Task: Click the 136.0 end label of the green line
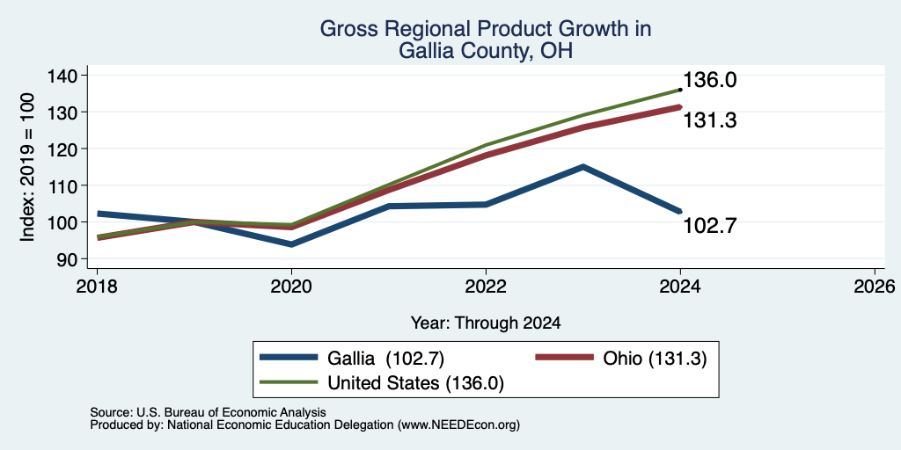click(710, 80)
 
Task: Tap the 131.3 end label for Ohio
click(710, 120)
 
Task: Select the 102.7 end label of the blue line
click(710, 226)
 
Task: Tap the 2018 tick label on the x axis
click(97, 287)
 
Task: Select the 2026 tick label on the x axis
click(875, 287)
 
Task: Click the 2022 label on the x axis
click(486, 287)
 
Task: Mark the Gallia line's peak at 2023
click(583, 167)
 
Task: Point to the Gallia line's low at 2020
click(291, 244)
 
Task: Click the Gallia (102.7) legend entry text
click(386, 359)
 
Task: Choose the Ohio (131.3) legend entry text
click(655, 359)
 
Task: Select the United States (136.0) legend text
click(415, 383)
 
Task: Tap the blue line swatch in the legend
click(289, 358)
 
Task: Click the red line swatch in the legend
click(564, 358)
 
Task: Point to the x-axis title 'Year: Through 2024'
click(486, 323)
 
